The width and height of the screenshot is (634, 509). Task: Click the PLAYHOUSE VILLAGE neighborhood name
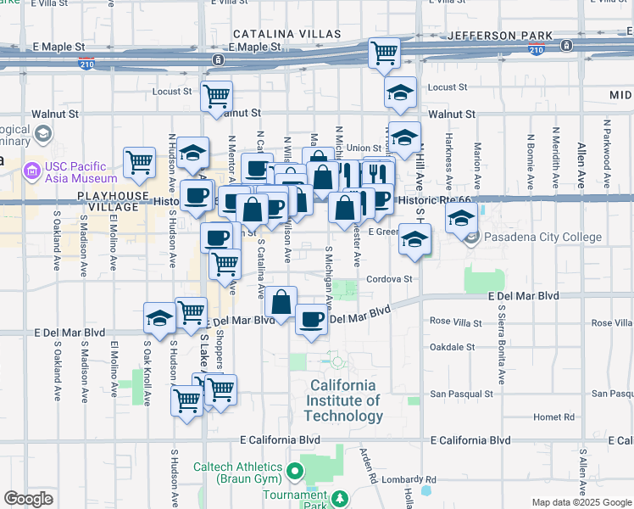(x=108, y=201)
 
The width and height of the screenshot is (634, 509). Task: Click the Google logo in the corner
(x=28, y=499)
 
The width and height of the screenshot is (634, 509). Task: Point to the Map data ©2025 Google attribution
(x=581, y=502)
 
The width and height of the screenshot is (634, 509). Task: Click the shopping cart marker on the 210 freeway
(x=385, y=53)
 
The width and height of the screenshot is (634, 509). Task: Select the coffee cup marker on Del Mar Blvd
(x=312, y=319)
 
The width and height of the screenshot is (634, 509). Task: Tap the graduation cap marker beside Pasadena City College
(x=460, y=218)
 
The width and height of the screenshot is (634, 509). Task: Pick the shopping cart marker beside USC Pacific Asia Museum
(x=139, y=161)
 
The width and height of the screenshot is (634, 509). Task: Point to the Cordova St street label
(x=389, y=278)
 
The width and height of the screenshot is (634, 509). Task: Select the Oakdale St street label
(x=452, y=347)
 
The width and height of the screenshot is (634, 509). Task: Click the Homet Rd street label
(x=555, y=417)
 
